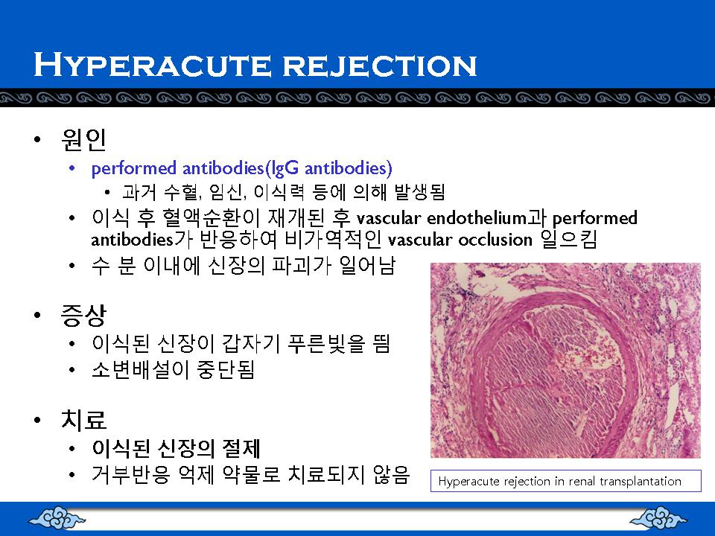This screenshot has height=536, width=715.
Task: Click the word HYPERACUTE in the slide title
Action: pyautogui.click(x=153, y=65)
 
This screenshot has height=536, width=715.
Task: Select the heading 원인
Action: pyautogui.click(x=84, y=139)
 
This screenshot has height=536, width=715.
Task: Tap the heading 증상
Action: pyautogui.click(x=84, y=316)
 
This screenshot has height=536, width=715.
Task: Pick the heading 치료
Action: pyautogui.click(x=84, y=419)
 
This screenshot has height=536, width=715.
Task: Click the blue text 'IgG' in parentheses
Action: pyautogui.click(x=285, y=169)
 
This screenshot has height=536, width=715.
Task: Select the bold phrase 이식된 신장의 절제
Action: pyautogui.click(x=176, y=448)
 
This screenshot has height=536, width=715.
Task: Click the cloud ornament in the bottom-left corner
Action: pyautogui.click(x=57, y=519)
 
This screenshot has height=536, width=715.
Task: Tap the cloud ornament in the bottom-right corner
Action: pyautogui.click(x=658, y=519)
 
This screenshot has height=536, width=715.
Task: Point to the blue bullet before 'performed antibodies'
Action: pyautogui.click(x=71, y=169)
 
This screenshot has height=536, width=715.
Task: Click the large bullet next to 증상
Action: pyautogui.click(x=37, y=316)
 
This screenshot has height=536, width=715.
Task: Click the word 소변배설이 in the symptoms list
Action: pyautogui.click(x=141, y=370)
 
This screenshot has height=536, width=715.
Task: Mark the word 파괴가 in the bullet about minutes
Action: pyautogui.click(x=302, y=266)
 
